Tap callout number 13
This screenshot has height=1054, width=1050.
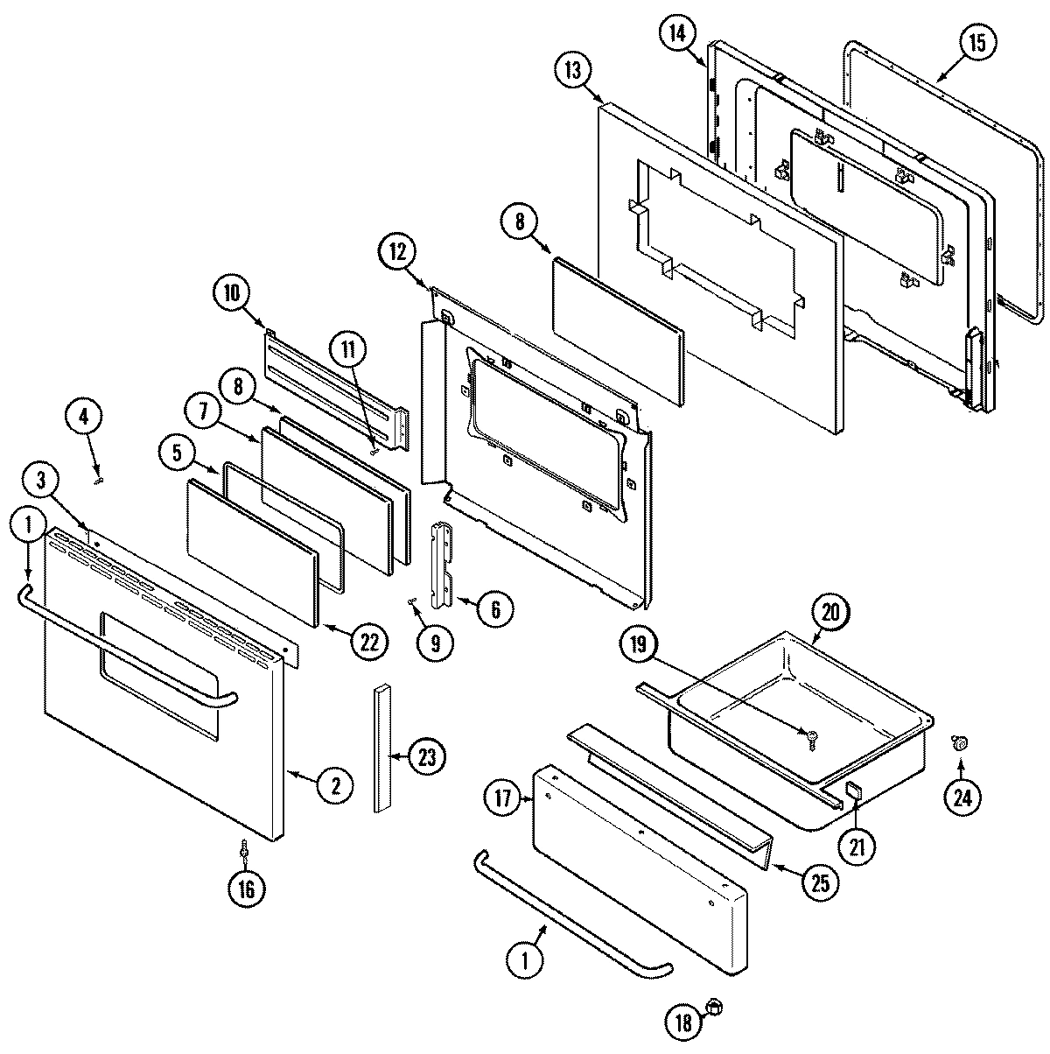[x=573, y=71]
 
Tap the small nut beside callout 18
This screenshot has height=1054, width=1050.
[x=714, y=1008]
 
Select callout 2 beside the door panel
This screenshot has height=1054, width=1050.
[x=335, y=785]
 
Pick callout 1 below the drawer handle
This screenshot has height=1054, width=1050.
[x=526, y=959]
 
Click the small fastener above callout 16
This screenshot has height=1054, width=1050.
[x=245, y=849]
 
